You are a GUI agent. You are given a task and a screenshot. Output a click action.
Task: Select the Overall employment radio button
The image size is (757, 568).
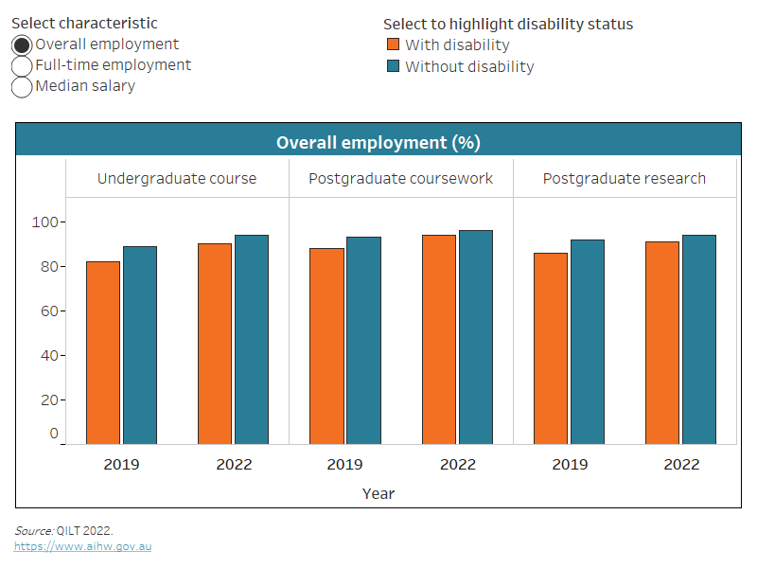tap(22, 44)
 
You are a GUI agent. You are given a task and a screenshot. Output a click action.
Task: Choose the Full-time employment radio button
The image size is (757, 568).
tap(22, 65)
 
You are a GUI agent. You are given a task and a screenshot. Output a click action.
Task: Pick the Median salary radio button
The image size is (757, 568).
tap(22, 87)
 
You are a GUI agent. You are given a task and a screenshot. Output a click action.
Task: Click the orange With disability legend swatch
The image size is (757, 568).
tap(394, 44)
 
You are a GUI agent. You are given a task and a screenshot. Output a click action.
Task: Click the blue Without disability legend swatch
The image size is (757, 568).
tap(394, 66)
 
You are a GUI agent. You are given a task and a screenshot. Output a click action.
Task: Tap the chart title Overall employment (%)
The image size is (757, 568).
tap(378, 142)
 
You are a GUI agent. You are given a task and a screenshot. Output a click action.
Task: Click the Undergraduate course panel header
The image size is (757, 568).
tap(177, 178)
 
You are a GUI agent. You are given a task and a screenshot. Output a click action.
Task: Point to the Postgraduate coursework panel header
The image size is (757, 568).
tap(401, 178)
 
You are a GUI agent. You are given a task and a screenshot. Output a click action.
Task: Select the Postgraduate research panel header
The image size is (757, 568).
tap(625, 178)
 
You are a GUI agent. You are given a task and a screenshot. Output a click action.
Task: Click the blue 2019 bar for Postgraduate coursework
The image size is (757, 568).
tap(363, 340)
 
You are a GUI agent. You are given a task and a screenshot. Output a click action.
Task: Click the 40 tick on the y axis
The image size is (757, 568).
tap(48, 355)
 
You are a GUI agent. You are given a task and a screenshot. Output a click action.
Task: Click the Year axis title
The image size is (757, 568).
tap(378, 493)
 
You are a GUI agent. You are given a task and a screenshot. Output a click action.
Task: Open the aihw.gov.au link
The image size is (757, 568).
tap(82, 546)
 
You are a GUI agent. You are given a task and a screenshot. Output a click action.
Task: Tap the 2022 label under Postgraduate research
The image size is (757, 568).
tap(681, 464)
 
